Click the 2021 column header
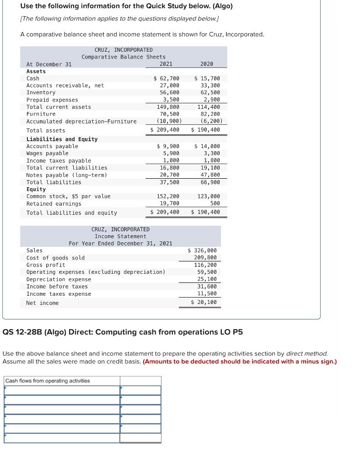click(166, 64)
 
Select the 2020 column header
click(206, 64)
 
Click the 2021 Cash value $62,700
click(167, 79)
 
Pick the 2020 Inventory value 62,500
click(210, 93)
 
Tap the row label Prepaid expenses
click(52, 100)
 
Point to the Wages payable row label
click(47, 154)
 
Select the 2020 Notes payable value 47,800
click(210, 175)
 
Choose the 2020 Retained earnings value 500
click(215, 204)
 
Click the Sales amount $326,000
click(202, 250)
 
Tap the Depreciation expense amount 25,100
click(207, 279)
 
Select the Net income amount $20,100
click(204, 303)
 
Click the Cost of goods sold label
click(55, 258)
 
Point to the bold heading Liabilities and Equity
click(62, 139)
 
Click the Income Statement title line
click(120, 236)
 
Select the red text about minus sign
click(240, 362)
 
